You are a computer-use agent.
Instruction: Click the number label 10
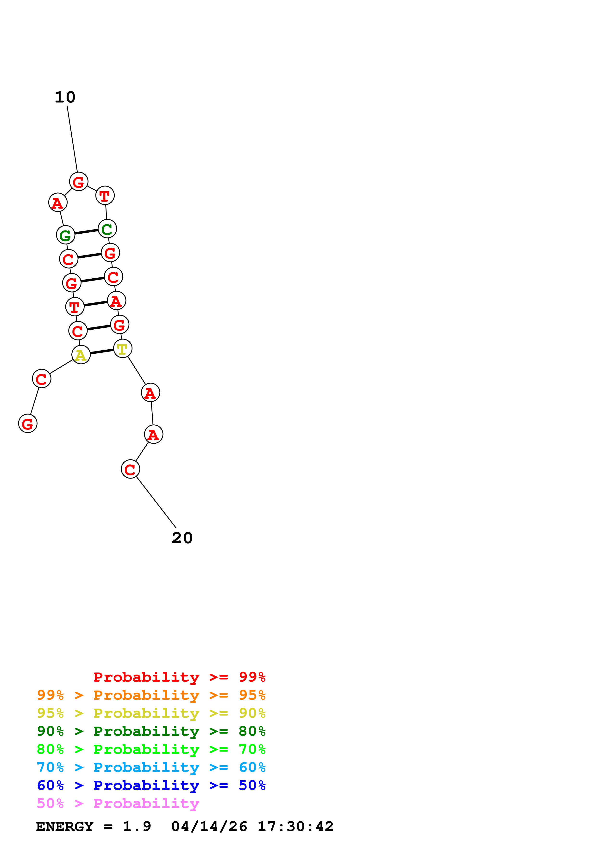[x=65, y=97]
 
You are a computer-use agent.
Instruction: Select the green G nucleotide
[x=65, y=235]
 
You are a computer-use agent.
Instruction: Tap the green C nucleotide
[x=107, y=229]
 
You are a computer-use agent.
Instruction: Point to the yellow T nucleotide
[x=123, y=348]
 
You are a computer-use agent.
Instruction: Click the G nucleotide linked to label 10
[x=79, y=182]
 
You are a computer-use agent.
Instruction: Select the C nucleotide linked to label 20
[x=130, y=469]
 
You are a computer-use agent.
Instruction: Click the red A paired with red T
[x=116, y=301]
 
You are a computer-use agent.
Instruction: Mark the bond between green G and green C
[x=86, y=232]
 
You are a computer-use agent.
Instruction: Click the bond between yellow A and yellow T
[x=102, y=352]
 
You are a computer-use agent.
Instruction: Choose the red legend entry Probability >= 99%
[x=179, y=677]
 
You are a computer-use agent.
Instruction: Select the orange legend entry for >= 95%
[x=151, y=695]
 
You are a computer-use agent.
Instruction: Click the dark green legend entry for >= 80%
[x=151, y=731]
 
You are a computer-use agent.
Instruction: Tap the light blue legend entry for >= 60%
[x=151, y=767]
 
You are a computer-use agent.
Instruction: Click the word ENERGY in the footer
[x=65, y=827]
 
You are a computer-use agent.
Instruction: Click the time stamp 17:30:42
[x=295, y=827]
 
